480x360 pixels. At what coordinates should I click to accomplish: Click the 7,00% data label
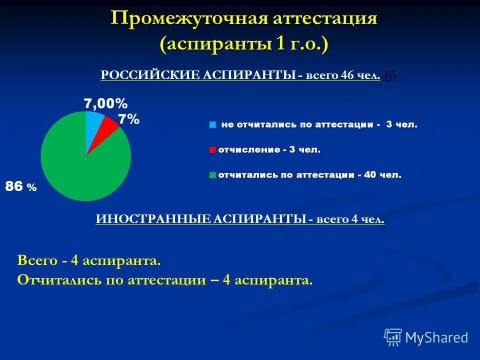105,103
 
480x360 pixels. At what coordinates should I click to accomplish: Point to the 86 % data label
20,187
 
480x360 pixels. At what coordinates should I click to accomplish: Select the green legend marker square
213,175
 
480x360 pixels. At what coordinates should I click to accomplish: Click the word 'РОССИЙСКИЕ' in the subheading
149,75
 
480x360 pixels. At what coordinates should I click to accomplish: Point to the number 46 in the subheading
347,75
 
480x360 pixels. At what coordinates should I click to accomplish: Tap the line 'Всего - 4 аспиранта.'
89,260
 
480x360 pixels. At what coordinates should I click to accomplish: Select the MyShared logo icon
393,337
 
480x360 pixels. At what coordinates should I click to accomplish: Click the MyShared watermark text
436,338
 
